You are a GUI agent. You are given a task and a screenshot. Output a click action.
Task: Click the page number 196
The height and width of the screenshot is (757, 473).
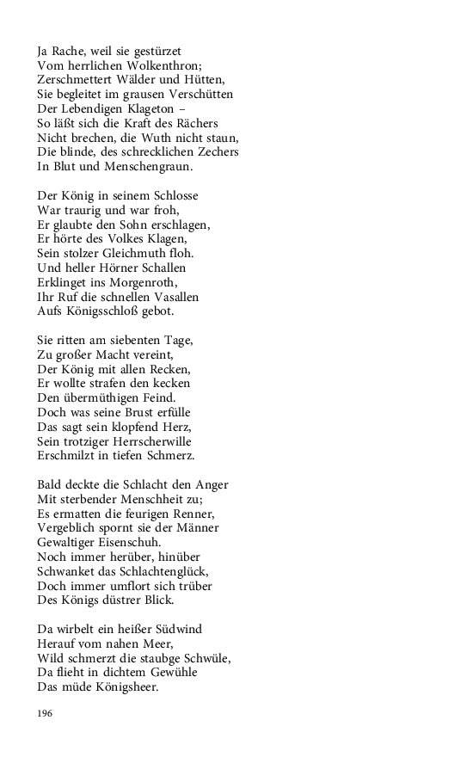click(46, 713)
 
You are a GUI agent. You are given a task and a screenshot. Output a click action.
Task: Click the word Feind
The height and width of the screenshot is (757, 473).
click(157, 398)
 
